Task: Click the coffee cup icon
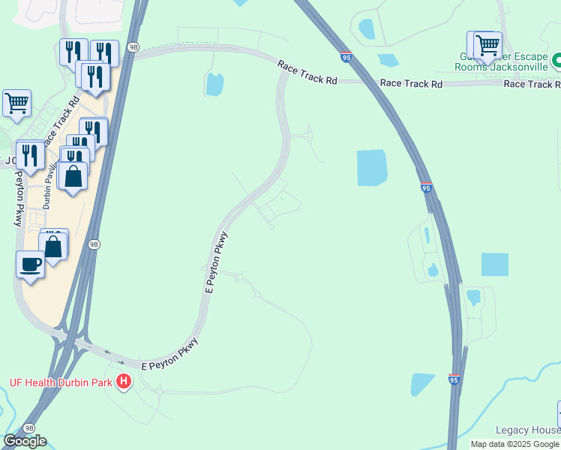tap(30, 265)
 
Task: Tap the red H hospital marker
tap(124, 382)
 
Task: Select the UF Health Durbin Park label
tap(60, 382)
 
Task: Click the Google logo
tap(25, 440)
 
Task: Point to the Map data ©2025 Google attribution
tap(514, 444)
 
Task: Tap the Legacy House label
tap(527, 430)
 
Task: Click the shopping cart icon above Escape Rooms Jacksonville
tap(487, 44)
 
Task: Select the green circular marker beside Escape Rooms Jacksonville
tap(556, 60)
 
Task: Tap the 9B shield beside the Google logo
tap(28, 427)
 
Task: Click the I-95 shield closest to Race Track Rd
tap(346, 57)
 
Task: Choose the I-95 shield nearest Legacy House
tap(454, 380)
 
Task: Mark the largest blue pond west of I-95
tap(371, 167)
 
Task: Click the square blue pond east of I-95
tap(494, 265)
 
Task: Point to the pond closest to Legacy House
tap(422, 384)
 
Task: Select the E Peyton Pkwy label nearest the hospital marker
tap(170, 363)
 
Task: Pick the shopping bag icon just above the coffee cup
tap(54, 244)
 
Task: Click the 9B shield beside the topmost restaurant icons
tap(133, 46)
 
